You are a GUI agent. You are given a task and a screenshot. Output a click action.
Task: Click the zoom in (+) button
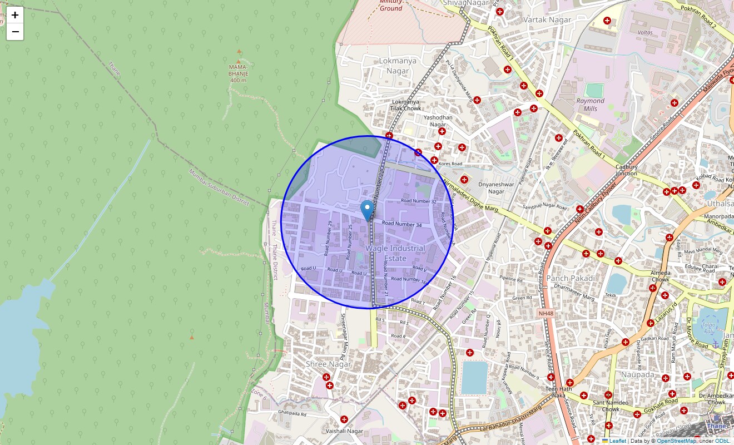tap(15, 15)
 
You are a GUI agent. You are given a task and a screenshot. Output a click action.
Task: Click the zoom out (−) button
tap(15, 32)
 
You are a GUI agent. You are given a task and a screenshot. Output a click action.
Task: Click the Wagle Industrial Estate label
tap(395, 253)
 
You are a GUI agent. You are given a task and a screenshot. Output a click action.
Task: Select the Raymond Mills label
tap(590, 105)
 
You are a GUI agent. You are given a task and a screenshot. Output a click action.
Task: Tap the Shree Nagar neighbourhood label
tap(329, 364)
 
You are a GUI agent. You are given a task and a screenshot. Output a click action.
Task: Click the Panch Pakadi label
tap(571, 278)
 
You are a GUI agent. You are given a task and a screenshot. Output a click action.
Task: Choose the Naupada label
tap(639, 374)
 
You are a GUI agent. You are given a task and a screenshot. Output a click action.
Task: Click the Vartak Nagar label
tap(548, 19)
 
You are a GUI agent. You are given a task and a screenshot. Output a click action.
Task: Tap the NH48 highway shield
tap(546, 314)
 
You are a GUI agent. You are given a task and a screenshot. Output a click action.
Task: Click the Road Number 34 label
tap(402, 224)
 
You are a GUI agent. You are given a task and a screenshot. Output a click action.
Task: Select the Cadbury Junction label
tap(626, 170)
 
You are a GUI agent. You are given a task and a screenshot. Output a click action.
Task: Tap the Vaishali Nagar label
tap(345, 431)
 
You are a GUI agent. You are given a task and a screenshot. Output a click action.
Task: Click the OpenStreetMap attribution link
tap(676, 441)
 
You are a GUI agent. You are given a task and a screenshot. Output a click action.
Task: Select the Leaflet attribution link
tap(617, 441)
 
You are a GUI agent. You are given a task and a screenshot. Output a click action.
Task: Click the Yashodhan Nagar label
tap(438, 121)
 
